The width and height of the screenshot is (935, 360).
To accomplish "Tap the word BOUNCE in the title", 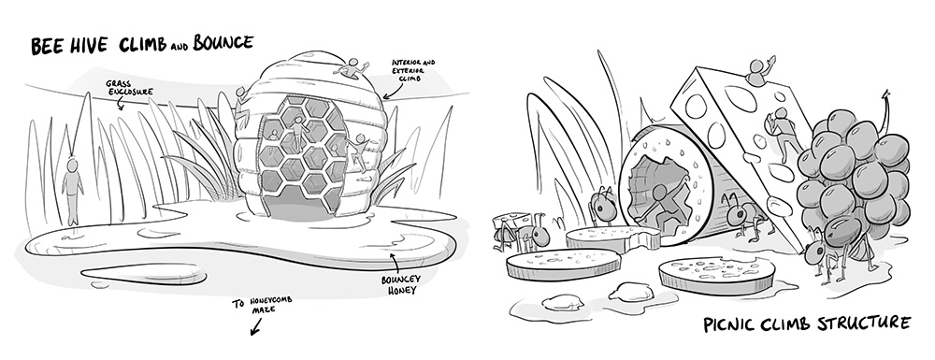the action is (x=223, y=43).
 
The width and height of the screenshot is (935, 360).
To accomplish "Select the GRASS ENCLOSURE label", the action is (x=129, y=88).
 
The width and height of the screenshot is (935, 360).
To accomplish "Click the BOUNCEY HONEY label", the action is (x=401, y=284).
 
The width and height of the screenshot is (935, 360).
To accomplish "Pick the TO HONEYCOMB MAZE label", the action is (x=263, y=304).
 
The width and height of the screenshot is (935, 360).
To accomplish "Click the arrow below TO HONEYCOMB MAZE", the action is (x=256, y=326).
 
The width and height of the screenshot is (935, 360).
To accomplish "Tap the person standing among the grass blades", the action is (x=72, y=191).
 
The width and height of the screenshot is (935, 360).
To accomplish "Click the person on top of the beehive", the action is (x=352, y=69).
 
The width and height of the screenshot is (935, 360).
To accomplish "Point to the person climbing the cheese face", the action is (x=783, y=134).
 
